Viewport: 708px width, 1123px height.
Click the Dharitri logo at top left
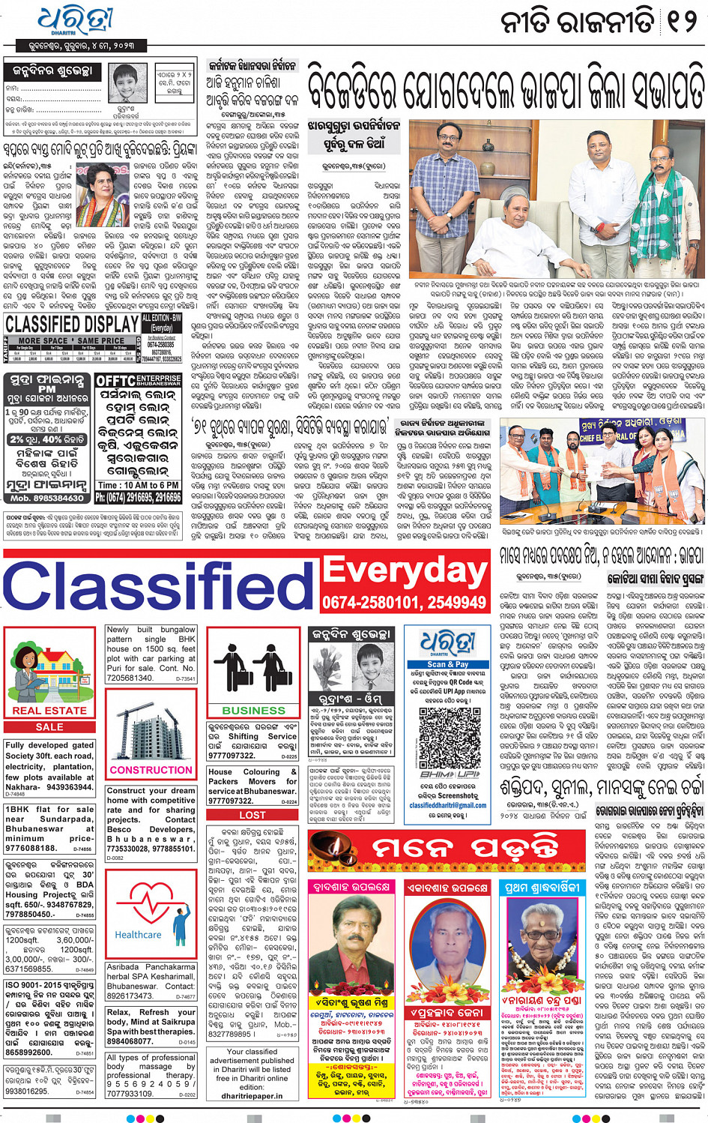point(75,21)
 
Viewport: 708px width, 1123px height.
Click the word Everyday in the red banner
point(405,572)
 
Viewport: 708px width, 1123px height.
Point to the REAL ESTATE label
point(49,710)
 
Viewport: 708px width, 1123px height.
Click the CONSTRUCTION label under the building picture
point(151,770)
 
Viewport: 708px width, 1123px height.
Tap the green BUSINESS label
point(253,710)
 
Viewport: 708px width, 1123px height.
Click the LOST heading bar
point(252,815)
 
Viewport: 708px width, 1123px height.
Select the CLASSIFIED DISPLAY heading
point(72,324)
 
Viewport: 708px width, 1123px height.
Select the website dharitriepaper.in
point(252,1095)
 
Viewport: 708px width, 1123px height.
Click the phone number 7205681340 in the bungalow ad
point(130,678)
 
